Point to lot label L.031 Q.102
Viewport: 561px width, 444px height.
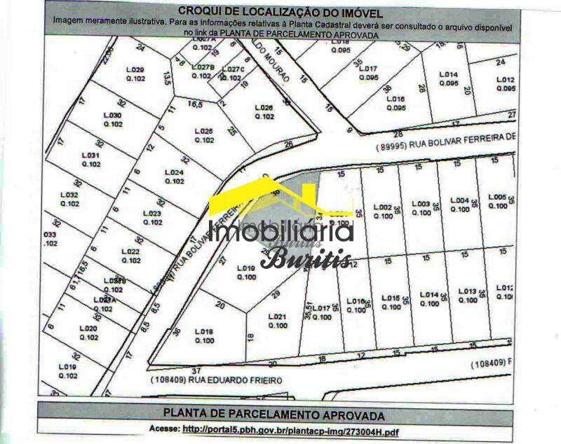click(91, 160)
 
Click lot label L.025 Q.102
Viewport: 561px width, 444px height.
click(203, 135)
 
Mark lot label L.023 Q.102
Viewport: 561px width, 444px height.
click(152, 218)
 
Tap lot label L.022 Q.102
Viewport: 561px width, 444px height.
click(130, 256)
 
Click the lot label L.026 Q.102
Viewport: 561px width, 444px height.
click(264, 112)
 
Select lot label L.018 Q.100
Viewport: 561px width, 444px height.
click(204, 336)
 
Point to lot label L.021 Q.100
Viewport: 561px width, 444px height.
click(278, 321)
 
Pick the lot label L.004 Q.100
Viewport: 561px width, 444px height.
click(459, 204)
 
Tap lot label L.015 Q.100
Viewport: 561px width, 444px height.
click(391, 301)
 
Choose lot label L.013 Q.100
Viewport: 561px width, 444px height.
click(468, 296)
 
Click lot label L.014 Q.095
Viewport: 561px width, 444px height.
click(448, 78)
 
